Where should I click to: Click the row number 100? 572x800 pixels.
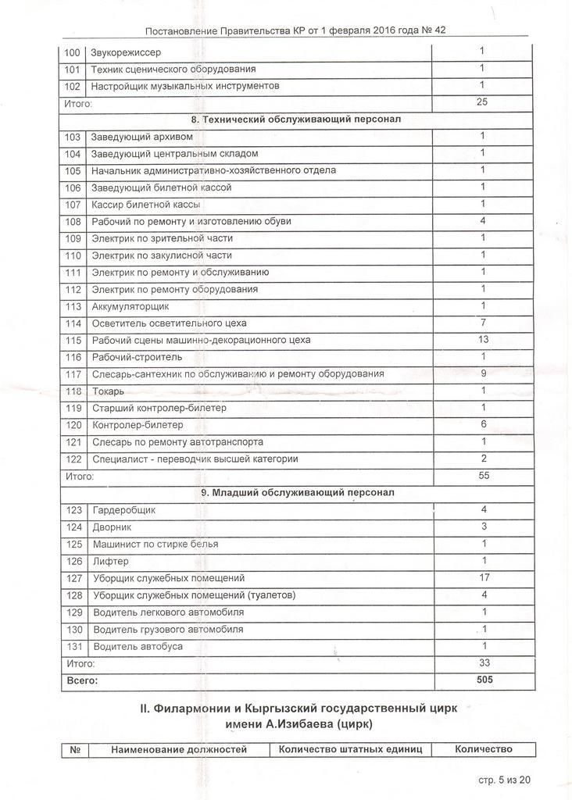[72, 53]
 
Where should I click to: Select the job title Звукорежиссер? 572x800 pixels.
[127, 53]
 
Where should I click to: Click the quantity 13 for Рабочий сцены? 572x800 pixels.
[483, 340]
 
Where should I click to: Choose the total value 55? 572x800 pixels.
[483, 475]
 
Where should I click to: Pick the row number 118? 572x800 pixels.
[73, 391]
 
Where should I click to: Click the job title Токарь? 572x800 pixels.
[109, 391]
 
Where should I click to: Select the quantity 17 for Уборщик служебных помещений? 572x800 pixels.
[484, 578]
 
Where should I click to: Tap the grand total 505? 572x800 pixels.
[484, 680]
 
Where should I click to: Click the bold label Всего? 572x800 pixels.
[80, 681]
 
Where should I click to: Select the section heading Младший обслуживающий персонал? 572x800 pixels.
[298, 492]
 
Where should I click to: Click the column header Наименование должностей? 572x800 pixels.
[179, 750]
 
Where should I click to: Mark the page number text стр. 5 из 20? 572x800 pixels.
[504, 780]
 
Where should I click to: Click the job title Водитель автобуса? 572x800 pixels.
[138, 647]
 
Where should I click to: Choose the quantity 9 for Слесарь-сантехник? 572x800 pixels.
[484, 373]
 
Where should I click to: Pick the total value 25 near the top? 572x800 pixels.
[482, 102]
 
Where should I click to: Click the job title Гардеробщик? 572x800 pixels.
[124, 510]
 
